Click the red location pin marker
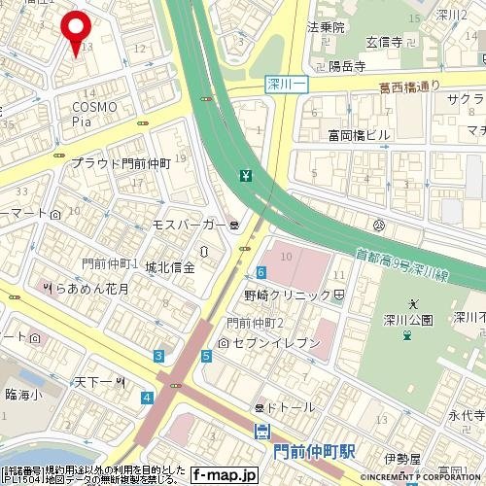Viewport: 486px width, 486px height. [x=76, y=26]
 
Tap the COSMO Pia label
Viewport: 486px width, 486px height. [x=94, y=113]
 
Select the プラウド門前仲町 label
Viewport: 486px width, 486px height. [x=121, y=164]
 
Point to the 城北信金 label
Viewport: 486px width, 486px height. [x=170, y=266]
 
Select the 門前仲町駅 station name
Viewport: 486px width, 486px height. [x=314, y=452]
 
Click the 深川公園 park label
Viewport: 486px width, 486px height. [x=407, y=320]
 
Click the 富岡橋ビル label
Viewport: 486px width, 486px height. [x=360, y=134]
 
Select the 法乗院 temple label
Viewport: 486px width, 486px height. [x=326, y=27]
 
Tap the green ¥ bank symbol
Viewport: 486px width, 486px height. [x=246, y=176]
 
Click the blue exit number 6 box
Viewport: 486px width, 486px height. [x=261, y=272]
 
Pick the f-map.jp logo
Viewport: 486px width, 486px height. [x=224, y=475]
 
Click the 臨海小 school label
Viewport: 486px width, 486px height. [x=23, y=394]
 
